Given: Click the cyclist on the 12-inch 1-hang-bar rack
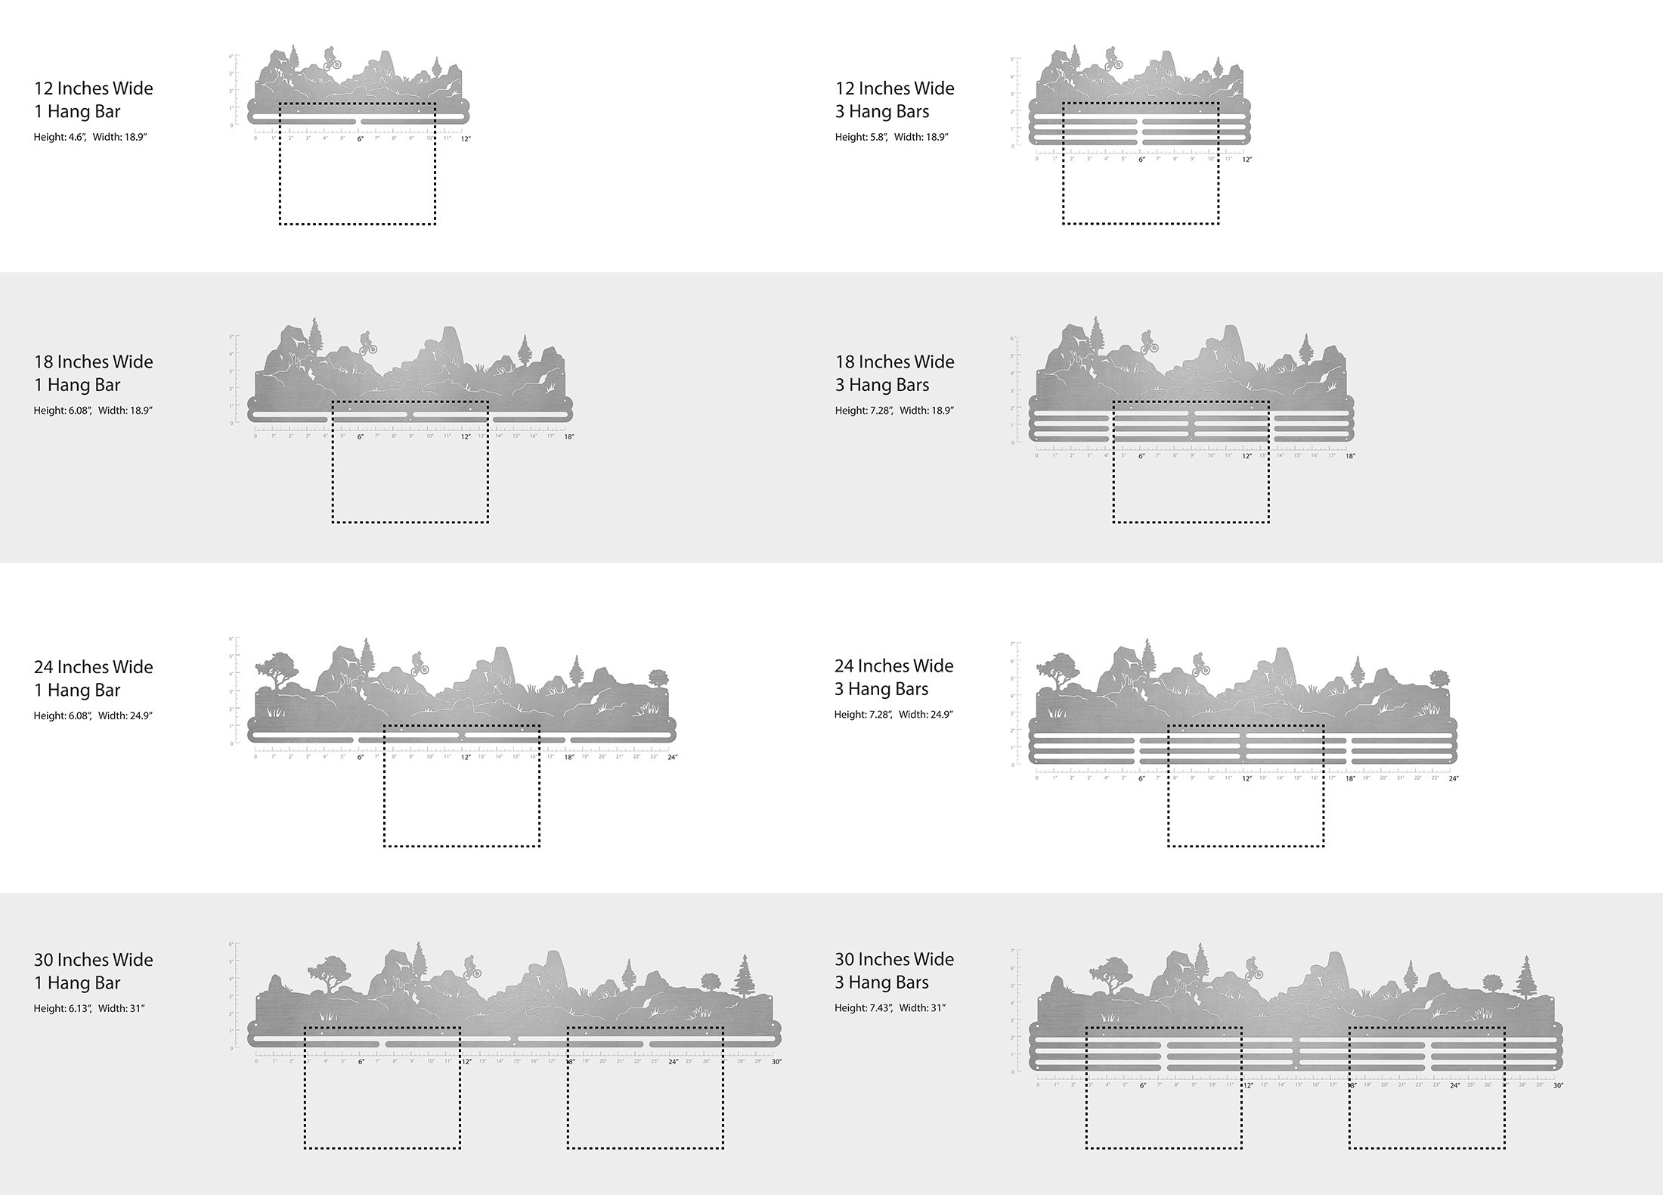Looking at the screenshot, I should [331, 58].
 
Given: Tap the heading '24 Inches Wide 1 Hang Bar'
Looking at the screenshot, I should [93, 678].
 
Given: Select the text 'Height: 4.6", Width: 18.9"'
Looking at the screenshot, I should [90, 137].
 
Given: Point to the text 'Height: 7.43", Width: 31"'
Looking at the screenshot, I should [890, 1007].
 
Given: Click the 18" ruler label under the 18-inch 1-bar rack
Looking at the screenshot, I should [568, 436].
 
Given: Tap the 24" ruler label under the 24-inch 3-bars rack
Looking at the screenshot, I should [1453, 778].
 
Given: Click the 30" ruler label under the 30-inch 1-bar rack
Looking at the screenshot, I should [776, 1062].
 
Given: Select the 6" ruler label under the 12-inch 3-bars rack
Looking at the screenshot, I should [1141, 160].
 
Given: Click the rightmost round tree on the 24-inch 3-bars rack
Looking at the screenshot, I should [1438, 677].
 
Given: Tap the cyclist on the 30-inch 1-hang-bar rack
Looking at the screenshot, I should [472, 967].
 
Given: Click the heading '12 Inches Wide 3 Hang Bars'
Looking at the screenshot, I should [894, 100].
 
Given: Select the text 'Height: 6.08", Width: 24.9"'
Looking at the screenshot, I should [93, 715].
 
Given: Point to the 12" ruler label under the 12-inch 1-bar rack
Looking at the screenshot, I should [466, 139].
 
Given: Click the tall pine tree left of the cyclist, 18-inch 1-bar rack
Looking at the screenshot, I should [314, 337].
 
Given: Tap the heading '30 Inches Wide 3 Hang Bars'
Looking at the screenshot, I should [894, 970].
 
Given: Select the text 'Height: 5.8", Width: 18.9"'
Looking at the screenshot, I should [891, 137].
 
